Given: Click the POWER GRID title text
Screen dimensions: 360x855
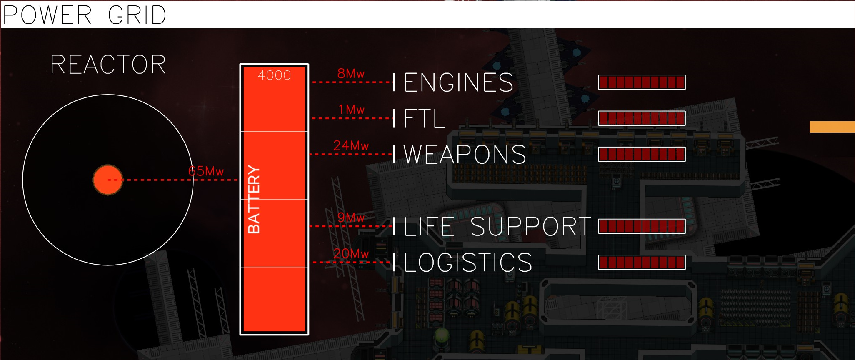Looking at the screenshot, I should click(85, 15).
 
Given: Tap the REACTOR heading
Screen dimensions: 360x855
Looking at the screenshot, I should click(108, 65).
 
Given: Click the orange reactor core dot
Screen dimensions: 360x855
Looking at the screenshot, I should click(107, 180).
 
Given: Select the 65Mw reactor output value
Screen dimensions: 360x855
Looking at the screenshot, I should click(206, 171).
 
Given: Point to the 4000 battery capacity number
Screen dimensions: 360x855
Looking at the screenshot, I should click(274, 75).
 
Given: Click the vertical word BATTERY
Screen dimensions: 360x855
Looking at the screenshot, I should click(254, 199).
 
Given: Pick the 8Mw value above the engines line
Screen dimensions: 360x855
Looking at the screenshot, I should click(351, 74).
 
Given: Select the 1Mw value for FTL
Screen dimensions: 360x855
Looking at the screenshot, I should click(351, 110).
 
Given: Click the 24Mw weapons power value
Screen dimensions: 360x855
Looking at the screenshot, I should click(351, 145).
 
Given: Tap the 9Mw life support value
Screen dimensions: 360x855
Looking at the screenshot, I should click(351, 217).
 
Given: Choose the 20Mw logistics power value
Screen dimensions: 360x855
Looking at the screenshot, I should click(351, 253).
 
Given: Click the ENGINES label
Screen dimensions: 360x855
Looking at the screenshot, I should click(458, 82).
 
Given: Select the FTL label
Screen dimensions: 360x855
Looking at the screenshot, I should click(425, 118).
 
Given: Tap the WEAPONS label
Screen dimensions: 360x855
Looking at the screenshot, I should click(465, 155).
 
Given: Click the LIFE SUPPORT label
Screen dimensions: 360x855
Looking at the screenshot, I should click(497, 227).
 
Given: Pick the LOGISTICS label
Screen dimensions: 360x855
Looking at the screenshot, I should click(468, 262).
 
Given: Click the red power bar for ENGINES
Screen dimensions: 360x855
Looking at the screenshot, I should click(642, 82).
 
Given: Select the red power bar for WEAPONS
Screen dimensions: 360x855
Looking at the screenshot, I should click(642, 154).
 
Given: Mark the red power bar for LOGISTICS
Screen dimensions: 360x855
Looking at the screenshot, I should click(642, 262).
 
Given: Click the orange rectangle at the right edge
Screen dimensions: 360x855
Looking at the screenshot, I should click(832, 127).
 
